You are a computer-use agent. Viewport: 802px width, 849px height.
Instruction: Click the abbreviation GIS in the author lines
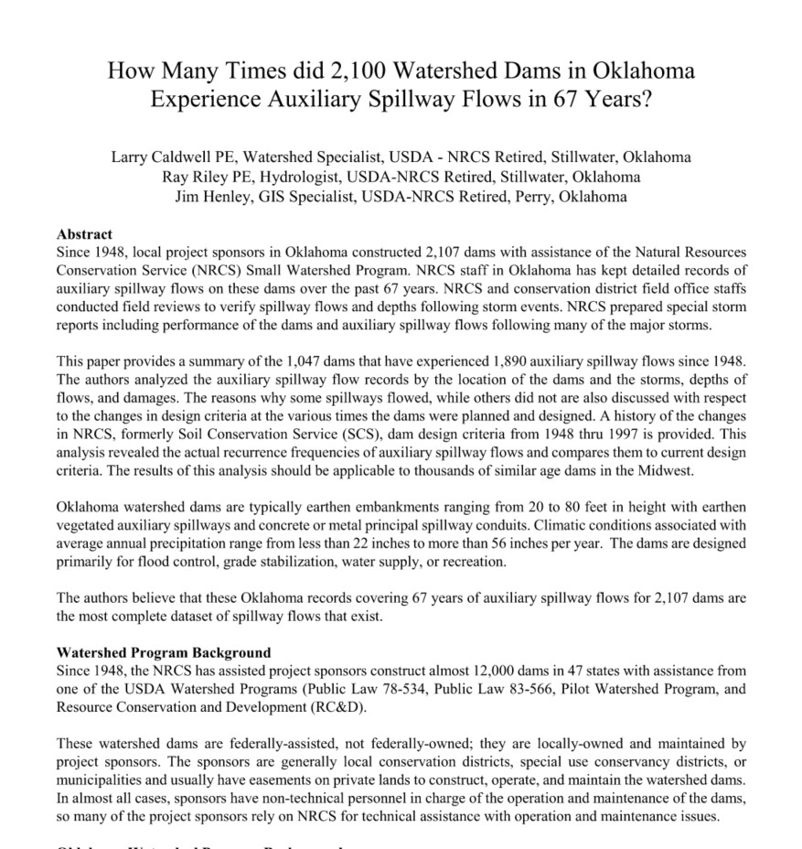point(265,196)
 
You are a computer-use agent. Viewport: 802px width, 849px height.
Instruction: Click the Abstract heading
point(84,234)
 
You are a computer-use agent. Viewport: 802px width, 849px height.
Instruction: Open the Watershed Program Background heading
point(164,653)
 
